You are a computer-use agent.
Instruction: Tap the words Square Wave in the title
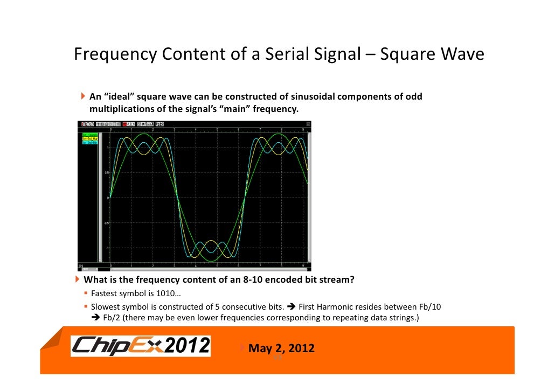[432, 55]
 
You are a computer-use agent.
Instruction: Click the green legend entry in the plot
[89, 134]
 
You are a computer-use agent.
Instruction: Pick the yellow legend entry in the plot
[89, 138]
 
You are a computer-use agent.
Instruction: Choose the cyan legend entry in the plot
[89, 143]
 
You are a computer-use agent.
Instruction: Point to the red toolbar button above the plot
[124, 124]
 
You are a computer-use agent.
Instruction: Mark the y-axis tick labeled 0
[107, 198]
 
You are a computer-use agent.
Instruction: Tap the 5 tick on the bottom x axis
[217, 266]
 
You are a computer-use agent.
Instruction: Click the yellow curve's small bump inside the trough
[210, 241]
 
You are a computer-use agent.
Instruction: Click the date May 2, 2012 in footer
[281, 348]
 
